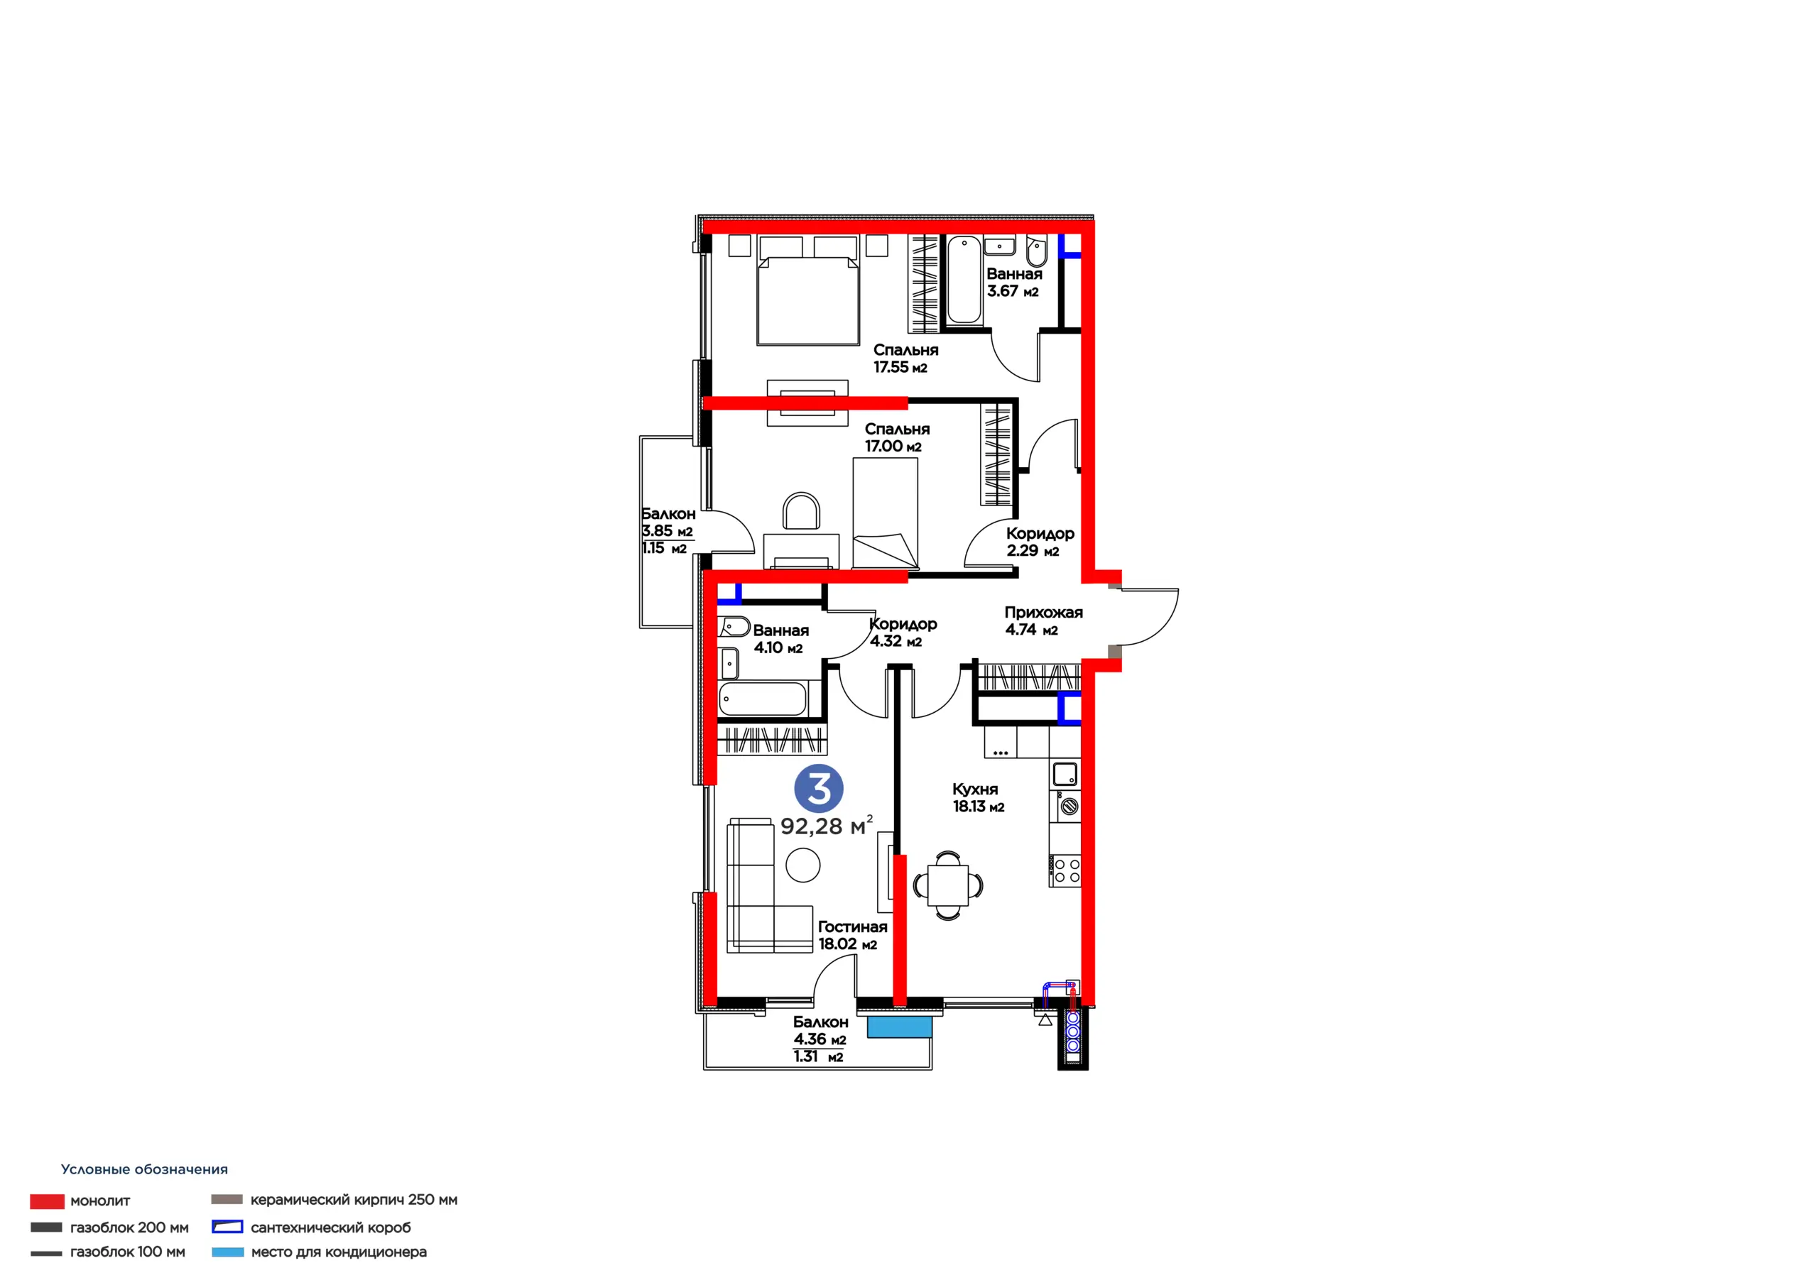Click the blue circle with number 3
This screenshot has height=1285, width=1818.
click(x=819, y=789)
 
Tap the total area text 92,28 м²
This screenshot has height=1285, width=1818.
click(x=827, y=825)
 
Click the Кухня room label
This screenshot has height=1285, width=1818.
click(x=975, y=789)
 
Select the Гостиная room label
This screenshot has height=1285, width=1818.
click(x=852, y=926)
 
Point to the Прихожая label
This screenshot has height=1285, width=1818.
click(x=1044, y=612)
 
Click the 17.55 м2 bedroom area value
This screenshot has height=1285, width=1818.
click(x=900, y=367)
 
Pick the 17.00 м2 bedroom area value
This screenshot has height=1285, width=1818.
click(x=893, y=447)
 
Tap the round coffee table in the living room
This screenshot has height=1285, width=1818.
click(x=803, y=865)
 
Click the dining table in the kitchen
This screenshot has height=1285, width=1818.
click(x=948, y=885)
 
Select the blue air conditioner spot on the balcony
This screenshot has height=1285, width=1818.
click(x=900, y=1027)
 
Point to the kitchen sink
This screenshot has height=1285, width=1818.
click(x=1065, y=774)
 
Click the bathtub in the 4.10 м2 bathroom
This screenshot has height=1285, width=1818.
click(x=763, y=699)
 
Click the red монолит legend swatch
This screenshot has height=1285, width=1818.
click(x=47, y=1201)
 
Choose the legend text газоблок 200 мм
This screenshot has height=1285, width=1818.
click(x=129, y=1227)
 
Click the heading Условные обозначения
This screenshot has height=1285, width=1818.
click(x=144, y=1169)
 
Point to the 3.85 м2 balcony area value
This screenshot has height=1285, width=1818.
click(x=668, y=531)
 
